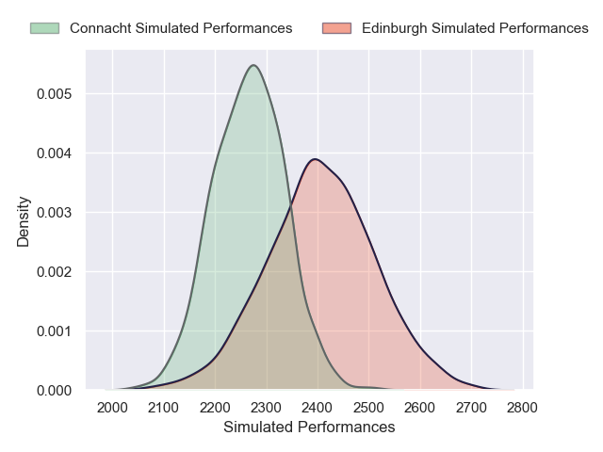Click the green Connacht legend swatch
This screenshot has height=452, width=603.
coord(43,28)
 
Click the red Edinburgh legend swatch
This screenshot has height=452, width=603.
coord(336,28)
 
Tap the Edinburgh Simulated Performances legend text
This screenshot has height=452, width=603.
coord(475,28)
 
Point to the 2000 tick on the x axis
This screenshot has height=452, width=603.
coord(113,408)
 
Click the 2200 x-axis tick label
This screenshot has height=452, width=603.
coord(215,408)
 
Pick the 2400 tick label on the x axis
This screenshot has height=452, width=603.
coord(318,408)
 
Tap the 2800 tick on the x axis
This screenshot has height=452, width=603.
coord(521,408)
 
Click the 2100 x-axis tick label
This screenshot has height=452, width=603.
coord(164,408)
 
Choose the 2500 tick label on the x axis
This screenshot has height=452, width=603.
coord(368,408)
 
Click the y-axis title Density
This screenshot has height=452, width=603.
coord(24,221)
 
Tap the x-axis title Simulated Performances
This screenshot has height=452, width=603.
coord(309,428)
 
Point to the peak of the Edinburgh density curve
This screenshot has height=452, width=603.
coord(316,158)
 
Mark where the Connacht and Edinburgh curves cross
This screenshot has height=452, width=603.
coord(289,212)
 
